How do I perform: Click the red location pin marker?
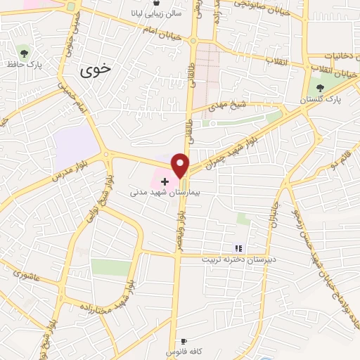pos(181,165)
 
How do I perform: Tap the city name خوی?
pos(96,70)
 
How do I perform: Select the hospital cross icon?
pos(165,181)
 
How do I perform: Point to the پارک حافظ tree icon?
pos(24,52)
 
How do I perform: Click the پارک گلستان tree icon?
pos(321,88)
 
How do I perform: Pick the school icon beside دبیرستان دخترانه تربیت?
pos(238,248)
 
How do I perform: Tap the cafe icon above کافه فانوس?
pos(184,340)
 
